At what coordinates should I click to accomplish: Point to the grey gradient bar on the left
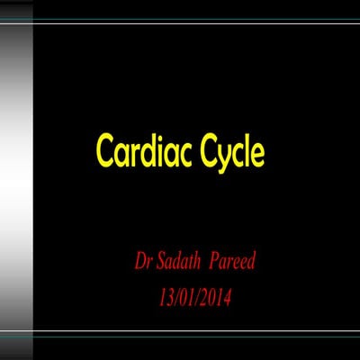(16, 180)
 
